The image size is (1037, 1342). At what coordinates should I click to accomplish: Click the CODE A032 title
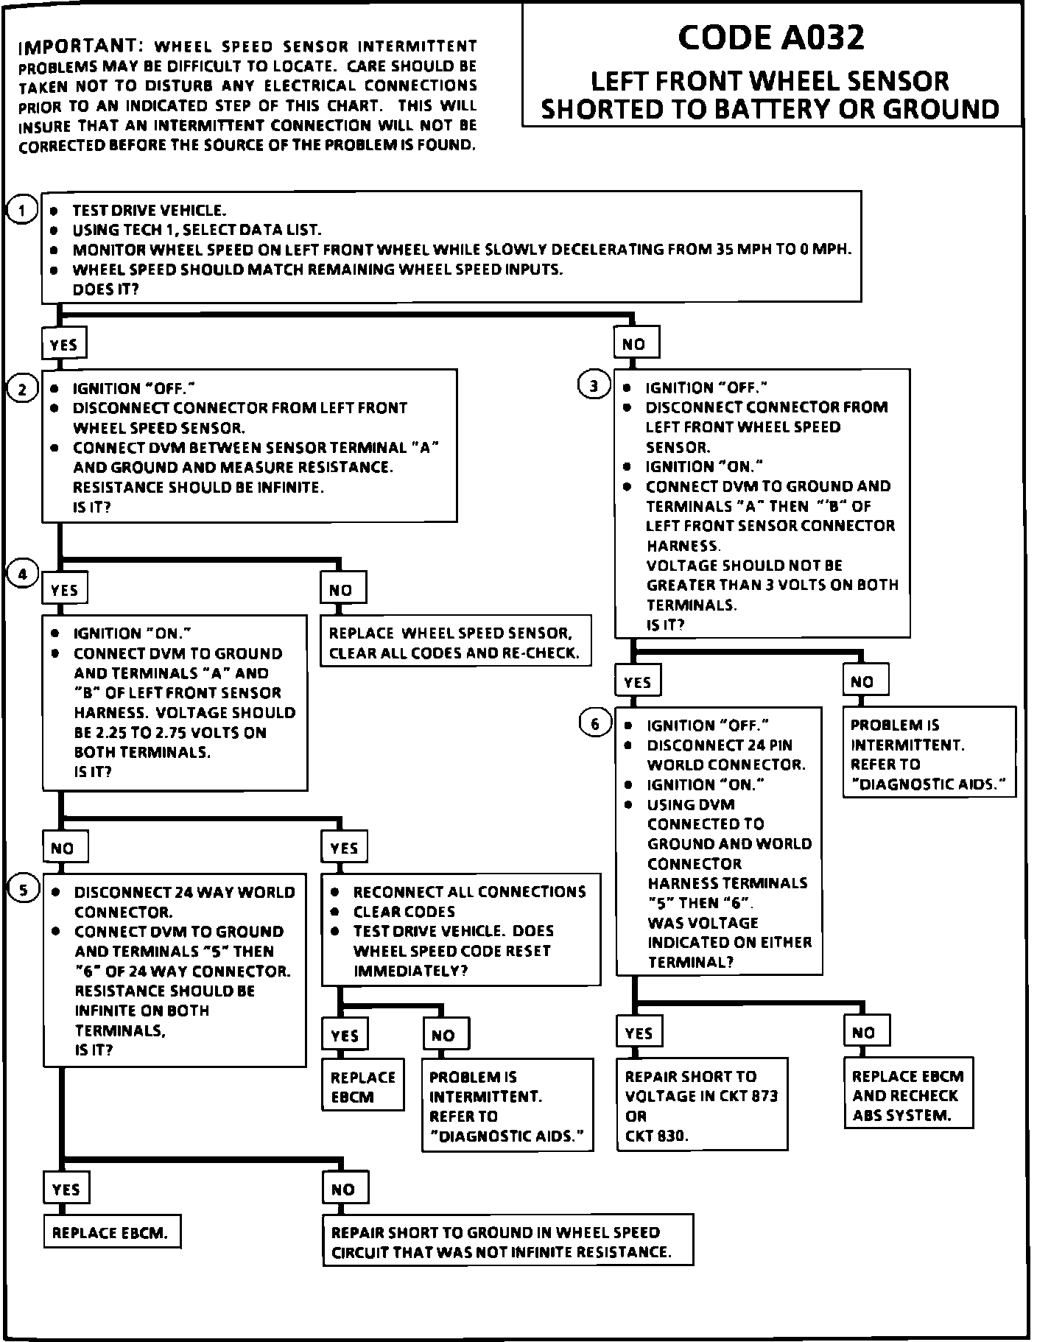coord(770,38)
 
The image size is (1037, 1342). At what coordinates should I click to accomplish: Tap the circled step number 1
coord(22,211)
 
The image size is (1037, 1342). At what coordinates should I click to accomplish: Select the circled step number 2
coord(22,389)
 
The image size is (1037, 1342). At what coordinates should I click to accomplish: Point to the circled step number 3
coord(594,385)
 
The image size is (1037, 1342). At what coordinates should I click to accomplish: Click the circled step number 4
coord(22,575)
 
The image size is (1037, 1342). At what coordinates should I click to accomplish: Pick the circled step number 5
coord(24,890)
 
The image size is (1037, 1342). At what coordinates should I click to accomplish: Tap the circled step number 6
coord(595,724)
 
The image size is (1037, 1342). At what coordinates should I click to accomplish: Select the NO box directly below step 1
coord(634,343)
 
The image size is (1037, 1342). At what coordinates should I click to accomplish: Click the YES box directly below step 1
coord(64,344)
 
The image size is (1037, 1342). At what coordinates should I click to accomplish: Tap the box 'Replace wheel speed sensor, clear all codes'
coord(455,642)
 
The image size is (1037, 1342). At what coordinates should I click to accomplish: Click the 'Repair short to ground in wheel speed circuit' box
coord(507,1241)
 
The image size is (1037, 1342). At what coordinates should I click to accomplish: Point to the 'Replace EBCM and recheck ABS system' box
coord(908,1095)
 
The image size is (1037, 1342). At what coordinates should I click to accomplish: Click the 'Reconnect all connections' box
coord(461,930)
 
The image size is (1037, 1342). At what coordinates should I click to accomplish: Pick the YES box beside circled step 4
coord(65,590)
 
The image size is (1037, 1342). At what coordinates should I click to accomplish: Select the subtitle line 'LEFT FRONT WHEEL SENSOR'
coord(770,81)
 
